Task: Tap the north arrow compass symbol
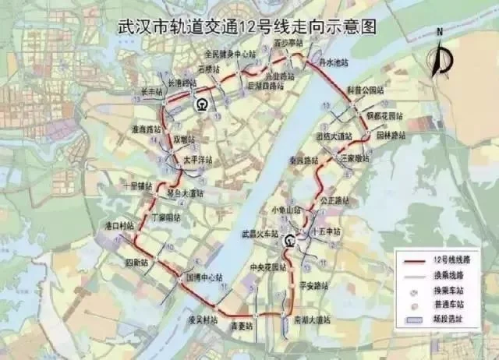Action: [x=441, y=54]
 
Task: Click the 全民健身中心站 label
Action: [x=230, y=55]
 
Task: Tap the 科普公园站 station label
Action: [x=366, y=90]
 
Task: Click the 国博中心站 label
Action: [x=203, y=277]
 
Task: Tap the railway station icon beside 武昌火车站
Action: [x=289, y=241]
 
